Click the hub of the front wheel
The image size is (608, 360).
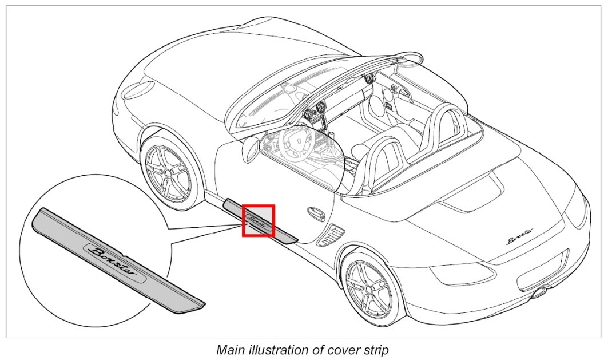[x=165, y=171]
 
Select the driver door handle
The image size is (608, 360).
[x=315, y=213]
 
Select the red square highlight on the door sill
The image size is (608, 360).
[x=259, y=220]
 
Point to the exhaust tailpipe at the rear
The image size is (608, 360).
[x=538, y=294]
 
